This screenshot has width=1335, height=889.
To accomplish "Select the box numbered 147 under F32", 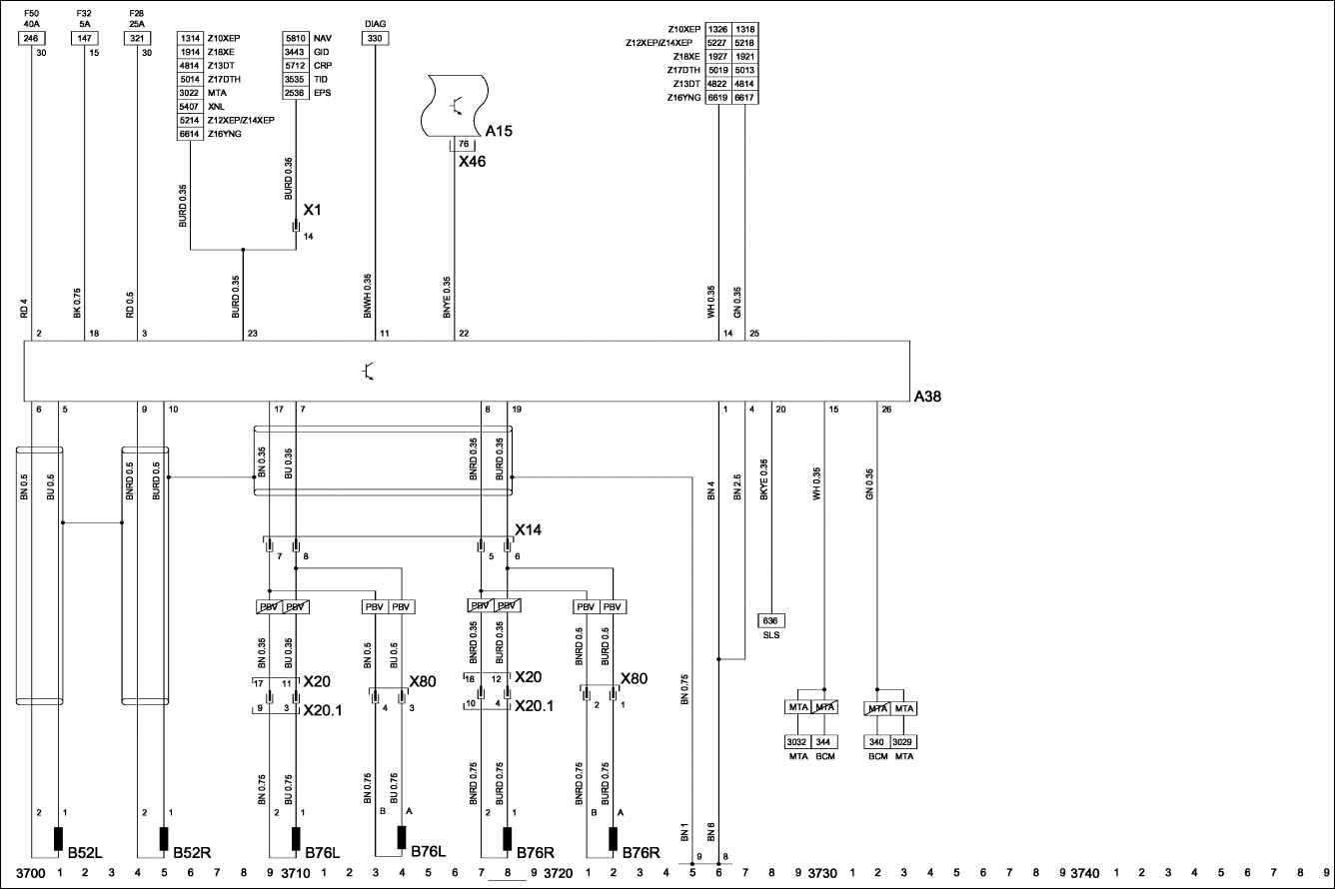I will [84, 38].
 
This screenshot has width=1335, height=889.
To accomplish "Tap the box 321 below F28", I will [136, 38].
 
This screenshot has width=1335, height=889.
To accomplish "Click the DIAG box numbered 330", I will [375, 38].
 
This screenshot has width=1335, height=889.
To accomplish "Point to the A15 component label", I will [499, 131].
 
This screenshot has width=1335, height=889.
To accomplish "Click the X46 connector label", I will [472, 161].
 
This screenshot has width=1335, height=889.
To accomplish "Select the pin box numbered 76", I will [464, 144].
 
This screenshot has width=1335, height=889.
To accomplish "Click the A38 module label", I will [927, 397].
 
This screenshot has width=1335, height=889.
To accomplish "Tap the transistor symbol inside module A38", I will [369, 372].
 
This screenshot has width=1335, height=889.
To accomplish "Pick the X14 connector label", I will [528, 529].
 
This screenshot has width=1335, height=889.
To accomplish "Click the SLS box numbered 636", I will [770, 620].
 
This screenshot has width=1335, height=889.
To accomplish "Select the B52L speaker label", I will [85, 853].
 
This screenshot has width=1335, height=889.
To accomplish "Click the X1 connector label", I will [312, 212].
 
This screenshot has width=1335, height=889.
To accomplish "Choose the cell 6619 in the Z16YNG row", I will [717, 98].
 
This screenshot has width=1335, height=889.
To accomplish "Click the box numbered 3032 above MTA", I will [797, 742].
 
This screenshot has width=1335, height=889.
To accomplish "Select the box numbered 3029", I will [903, 742].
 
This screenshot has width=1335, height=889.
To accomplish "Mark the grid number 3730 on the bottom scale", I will [822, 873].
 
